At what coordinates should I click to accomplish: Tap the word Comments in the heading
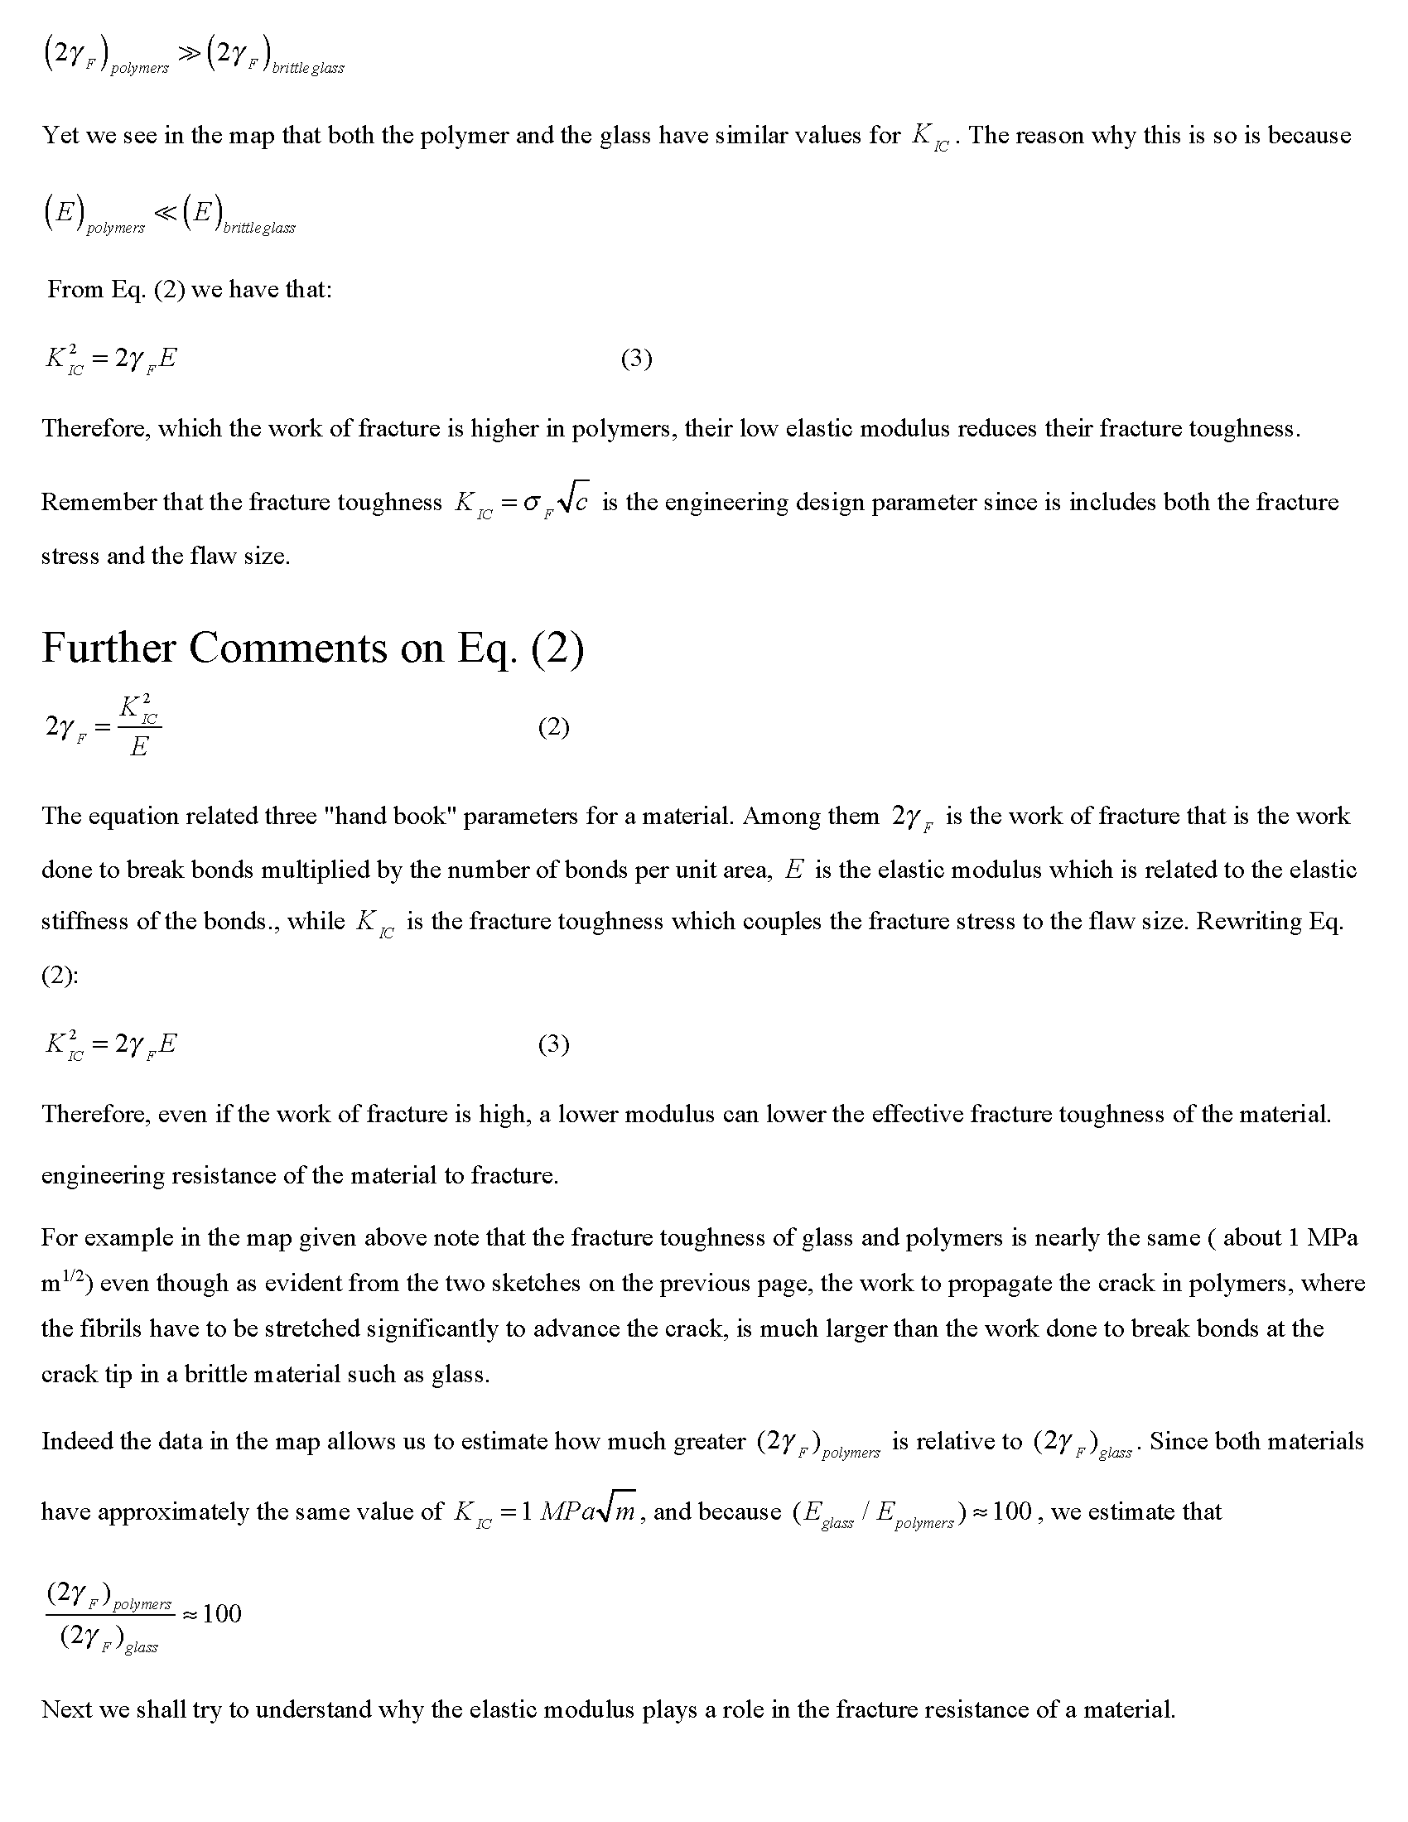(x=287, y=648)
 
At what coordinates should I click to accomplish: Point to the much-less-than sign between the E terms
(x=165, y=214)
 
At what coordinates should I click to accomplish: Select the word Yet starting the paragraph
(x=60, y=135)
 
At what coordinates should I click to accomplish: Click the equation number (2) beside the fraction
(x=553, y=726)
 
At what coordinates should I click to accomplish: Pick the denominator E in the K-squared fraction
(x=138, y=747)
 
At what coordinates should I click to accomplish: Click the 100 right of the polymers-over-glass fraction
(x=222, y=1613)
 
